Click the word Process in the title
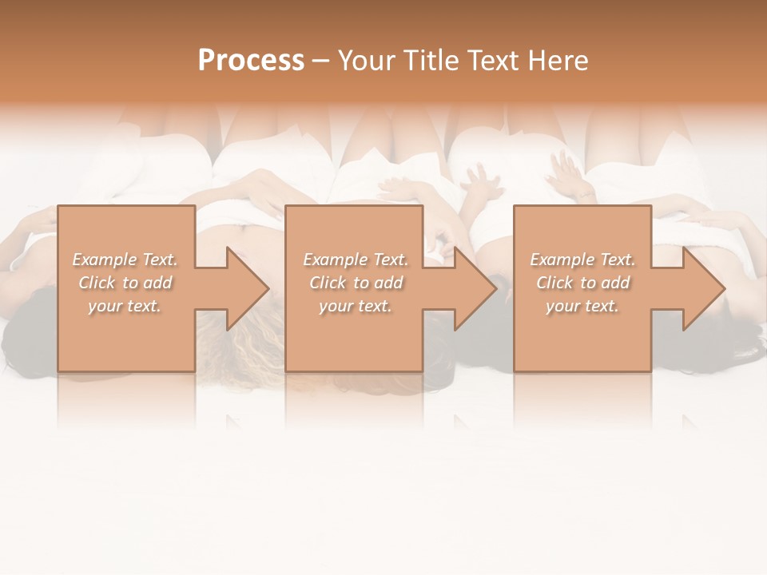coord(251,61)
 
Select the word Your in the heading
coord(368,61)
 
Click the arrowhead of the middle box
coord(475,288)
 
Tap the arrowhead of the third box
coord(703,288)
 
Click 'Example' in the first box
coord(105,260)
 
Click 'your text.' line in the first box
coord(125,306)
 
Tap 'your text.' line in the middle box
coord(355,306)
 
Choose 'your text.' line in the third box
coord(582,306)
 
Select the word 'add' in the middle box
coord(388,283)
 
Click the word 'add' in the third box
coord(615,283)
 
